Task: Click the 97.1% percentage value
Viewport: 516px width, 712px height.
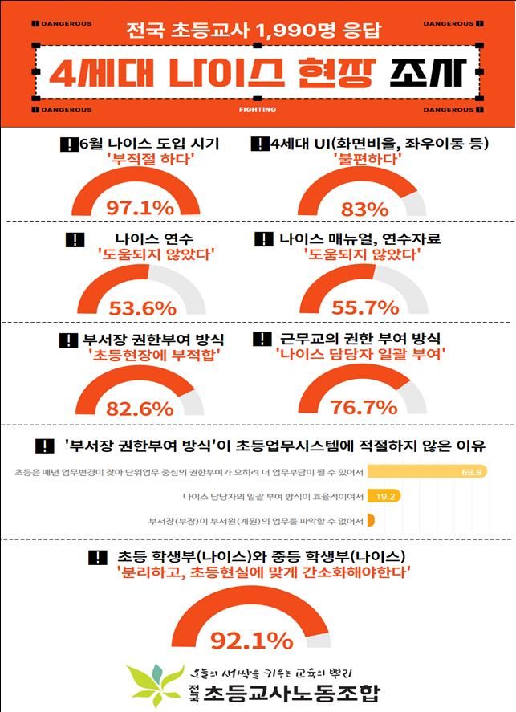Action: [140, 208]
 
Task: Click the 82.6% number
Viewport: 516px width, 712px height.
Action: [140, 408]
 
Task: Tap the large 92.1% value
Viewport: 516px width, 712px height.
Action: [251, 640]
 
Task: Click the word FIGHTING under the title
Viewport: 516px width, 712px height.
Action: [257, 109]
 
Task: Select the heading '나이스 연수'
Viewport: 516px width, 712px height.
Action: [144, 238]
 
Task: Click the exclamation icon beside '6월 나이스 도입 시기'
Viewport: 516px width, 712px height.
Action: [68, 144]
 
